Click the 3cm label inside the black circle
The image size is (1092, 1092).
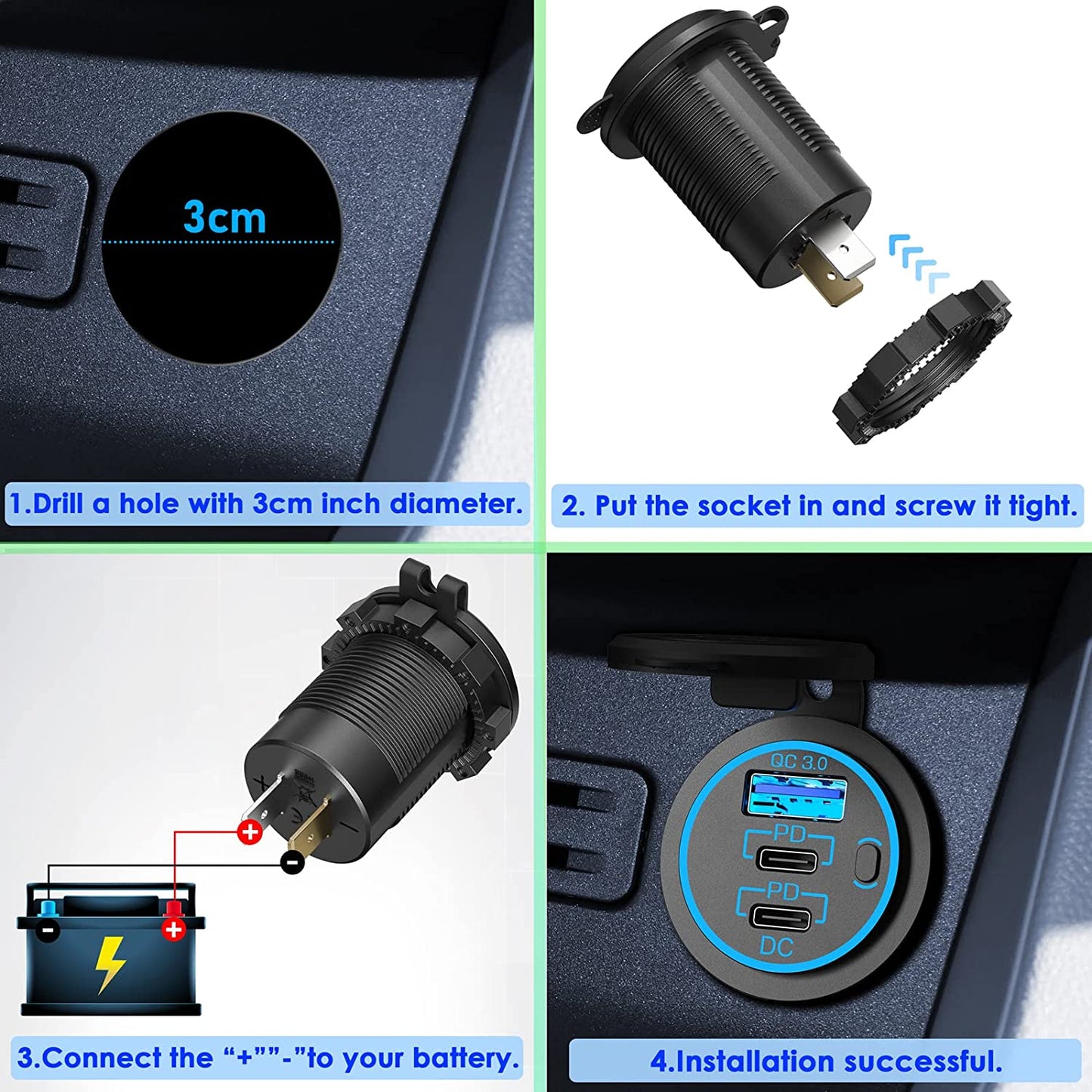224,218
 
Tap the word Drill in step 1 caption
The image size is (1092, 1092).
57,504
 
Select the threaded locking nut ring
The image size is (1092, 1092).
921,363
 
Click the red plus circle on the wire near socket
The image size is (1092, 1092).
249,832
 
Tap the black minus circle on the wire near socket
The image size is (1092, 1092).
292,862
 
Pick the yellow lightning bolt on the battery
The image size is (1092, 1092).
110,964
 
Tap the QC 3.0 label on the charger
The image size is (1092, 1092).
799,762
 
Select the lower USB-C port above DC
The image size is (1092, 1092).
781,917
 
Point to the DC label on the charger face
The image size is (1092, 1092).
776,945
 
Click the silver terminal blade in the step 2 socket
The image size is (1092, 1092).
852,255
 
